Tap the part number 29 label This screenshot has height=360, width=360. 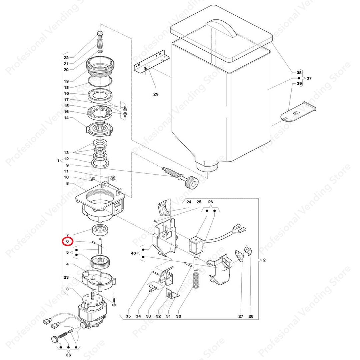point(156,94)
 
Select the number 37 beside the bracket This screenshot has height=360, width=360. point(309,78)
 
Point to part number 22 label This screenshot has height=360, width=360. point(66,58)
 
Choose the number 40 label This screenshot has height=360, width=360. point(133,253)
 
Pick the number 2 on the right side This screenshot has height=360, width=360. point(264,260)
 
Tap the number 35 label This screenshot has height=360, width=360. point(128,316)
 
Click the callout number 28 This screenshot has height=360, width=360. point(251,316)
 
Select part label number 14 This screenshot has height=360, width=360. point(66,118)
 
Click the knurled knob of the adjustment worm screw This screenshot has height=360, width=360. point(191,183)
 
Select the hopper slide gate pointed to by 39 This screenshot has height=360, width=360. point(298,113)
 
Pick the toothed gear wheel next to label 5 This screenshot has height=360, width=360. point(101,261)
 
